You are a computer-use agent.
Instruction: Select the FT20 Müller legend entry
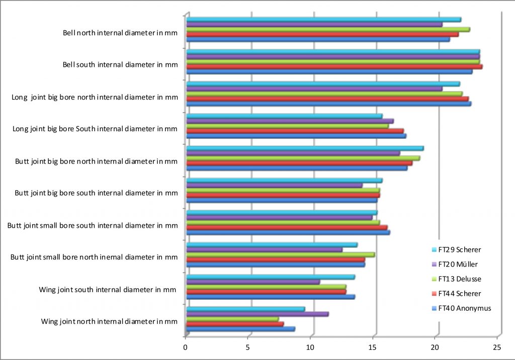click(x=458, y=264)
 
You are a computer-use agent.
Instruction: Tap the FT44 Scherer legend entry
click(x=459, y=293)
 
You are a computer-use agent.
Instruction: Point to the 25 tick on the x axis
click(x=497, y=347)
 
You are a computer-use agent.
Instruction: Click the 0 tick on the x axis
click(x=186, y=347)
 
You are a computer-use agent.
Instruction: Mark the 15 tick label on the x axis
click(x=373, y=347)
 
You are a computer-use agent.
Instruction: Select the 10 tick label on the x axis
click(x=310, y=347)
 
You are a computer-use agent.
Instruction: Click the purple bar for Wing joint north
click(x=257, y=314)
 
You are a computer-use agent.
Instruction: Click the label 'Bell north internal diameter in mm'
click(x=120, y=34)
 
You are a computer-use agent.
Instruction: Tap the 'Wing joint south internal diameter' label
click(x=108, y=289)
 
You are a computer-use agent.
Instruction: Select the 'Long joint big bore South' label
click(x=95, y=129)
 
